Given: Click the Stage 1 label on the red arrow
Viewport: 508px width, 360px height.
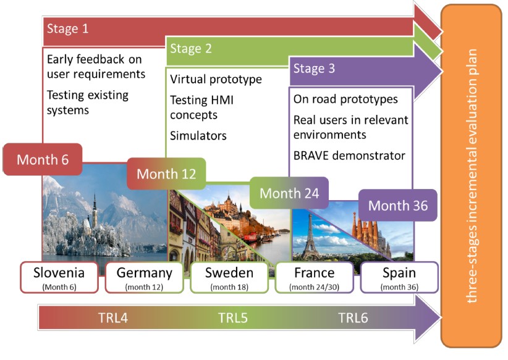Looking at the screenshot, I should coord(63,29).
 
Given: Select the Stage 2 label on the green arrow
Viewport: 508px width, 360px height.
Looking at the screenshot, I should coord(187,49).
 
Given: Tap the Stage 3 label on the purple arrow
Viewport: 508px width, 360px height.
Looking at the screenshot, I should coord(314,69).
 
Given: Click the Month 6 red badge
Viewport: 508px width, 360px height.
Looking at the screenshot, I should coord(43,159).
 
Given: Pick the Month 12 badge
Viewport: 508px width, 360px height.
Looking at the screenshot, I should coord(166,174).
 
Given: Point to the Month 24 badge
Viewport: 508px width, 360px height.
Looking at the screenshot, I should coord(289,193).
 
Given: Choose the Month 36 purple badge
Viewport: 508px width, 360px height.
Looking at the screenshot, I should coord(398,205).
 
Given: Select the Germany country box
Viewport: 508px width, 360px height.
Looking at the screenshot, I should coord(145,277).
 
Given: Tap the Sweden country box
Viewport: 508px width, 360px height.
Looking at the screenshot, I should coord(229,277).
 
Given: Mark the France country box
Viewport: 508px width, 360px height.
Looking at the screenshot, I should coord(314,277).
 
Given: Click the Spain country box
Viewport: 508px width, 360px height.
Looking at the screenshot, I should coord(399,277).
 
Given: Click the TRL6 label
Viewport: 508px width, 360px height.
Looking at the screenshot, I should coord(353,319).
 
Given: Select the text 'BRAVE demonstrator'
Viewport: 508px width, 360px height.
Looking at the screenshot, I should coord(349,155).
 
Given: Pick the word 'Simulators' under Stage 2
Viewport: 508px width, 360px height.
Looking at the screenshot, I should coord(198,136).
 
